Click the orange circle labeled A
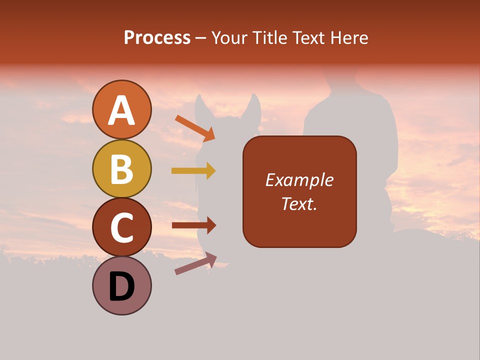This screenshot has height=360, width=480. tap(122, 110)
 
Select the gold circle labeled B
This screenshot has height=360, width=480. tap(122, 168)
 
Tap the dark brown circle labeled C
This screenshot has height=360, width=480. tap(122, 227)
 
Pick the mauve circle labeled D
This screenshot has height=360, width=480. tap(122, 285)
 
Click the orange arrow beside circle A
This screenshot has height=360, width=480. tap(195, 127)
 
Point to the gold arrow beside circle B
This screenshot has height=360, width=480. tap(193, 171)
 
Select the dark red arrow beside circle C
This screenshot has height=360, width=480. tap(194, 225)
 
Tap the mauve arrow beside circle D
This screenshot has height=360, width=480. tap(195, 263)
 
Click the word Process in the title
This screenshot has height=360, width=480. tap(157, 37)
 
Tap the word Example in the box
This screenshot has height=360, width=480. tap(299, 180)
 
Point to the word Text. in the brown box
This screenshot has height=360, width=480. tap(299, 203)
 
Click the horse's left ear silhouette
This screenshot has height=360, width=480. tap(201, 106)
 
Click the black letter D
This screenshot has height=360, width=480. tap(122, 287)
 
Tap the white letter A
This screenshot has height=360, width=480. tap(122, 111)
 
